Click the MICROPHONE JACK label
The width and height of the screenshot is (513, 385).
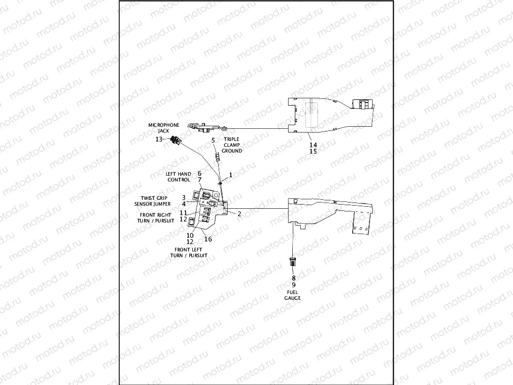coord(163,128)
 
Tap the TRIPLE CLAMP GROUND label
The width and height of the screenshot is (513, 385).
coord(232,145)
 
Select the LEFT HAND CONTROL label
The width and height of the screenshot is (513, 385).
coord(179,177)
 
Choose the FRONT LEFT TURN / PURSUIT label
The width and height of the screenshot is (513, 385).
coord(188,252)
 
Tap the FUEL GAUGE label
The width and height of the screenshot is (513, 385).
coord(293,295)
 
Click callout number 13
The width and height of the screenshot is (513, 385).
coord(159,139)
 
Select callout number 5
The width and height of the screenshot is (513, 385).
coord(213,140)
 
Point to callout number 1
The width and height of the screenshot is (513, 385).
coord(230,175)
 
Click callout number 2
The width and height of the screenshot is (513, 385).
coord(239,214)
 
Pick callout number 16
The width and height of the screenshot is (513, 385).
coord(208,239)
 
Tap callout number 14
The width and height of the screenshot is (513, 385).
coord(313,144)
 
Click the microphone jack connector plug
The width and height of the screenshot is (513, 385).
coord(175,140)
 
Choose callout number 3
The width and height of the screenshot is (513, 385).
coord(183,197)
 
